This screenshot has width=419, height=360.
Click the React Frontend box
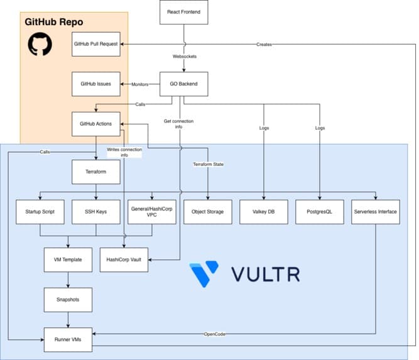(x=184, y=13)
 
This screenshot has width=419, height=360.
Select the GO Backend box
(x=184, y=84)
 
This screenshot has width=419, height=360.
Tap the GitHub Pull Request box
(x=96, y=44)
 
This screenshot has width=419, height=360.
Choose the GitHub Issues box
(x=96, y=84)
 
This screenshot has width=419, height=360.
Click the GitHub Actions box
(x=96, y=124)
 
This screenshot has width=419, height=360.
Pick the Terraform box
(x=96, y=172)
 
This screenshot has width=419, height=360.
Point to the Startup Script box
(x=40, y=212)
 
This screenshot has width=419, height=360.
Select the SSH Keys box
(x=96, y=212)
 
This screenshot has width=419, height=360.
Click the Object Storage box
(x=208, y=212)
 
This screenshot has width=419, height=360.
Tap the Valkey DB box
(x=264, y=212)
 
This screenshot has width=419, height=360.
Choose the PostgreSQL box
(x=320, y=212)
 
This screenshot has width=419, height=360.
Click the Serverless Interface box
(x=376, y=212)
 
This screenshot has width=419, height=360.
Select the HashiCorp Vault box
(x=124, y=259)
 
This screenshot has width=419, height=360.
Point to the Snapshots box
(x=68, y=300)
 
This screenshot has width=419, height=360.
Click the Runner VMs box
(x=68, y=340)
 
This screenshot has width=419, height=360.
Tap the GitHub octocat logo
(x=40, y=44)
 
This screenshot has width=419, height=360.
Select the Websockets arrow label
(x=185, y=57)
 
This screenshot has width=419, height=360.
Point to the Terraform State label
(x=208, y=165)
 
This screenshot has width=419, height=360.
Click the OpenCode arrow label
(x=215, y=334)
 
